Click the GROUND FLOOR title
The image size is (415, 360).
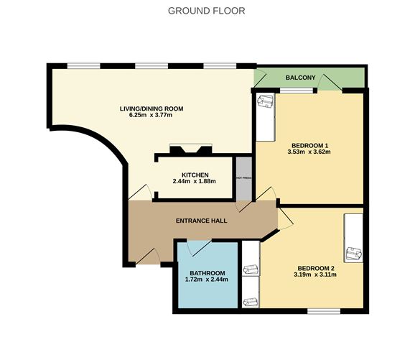coord(206,11)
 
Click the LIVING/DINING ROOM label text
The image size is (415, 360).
coord(151,109)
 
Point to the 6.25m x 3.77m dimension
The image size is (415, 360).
coord(151,116)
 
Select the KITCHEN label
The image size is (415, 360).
coord(195,175)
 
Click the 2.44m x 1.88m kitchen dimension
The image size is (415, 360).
coord(195,182)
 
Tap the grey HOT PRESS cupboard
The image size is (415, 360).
coord(243,177)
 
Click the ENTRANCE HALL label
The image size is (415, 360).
coord(202,221)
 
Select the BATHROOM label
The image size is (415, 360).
coord(207,273)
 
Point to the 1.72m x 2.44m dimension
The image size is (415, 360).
coord(207,280)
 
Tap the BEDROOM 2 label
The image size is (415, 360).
coord(315,267)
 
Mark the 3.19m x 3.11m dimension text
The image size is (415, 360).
coord(315,274)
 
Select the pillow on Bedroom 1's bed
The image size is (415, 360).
coord(266,103)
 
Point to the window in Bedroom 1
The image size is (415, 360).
coord(297,90)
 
